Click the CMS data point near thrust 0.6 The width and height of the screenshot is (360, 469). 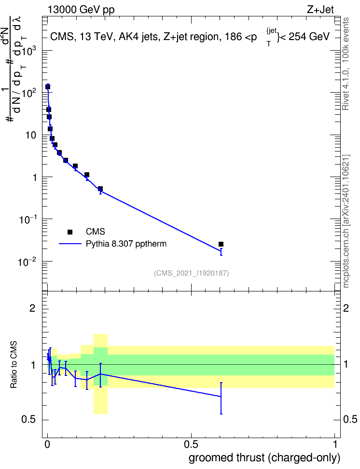(x=221, y=244)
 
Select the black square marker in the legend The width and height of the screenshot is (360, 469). (x=70, y=232)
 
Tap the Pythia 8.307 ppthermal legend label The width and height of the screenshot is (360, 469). (x=126, y=244)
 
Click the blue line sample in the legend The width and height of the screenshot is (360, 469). (x=70, y=244)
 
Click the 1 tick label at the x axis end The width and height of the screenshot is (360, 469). (x=335, y=444)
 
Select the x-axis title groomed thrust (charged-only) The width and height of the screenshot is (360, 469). (x=264, y=458)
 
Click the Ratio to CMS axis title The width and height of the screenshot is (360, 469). (x=14, y=365)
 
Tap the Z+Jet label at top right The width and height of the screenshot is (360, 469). (x=320, y=10)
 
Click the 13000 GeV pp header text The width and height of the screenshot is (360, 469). (x=81, y=10)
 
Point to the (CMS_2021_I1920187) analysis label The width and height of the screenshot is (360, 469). (x=192, y=273)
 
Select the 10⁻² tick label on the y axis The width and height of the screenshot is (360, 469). (x=28, y=262)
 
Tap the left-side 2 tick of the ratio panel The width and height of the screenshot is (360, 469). (x=32, y=308)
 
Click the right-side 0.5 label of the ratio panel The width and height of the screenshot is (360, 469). (x=350, y=419)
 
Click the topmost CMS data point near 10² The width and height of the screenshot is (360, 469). (x=48, y=87)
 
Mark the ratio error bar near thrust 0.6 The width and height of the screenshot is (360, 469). (x=221, y=398)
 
